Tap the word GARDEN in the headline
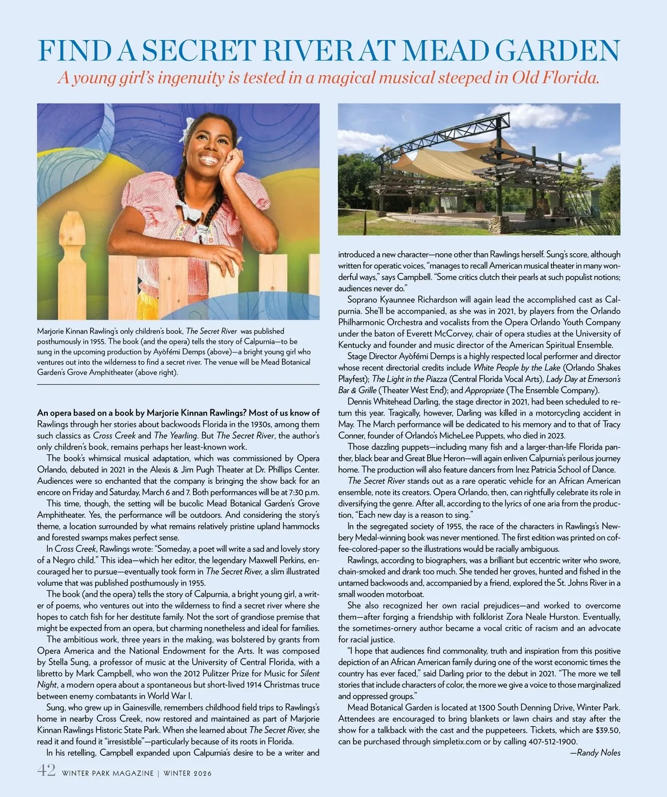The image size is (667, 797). [557, 51]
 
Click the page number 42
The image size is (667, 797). [46, 771]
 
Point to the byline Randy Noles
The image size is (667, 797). [599, 753]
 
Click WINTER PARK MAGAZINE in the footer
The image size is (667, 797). [107, 773]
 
